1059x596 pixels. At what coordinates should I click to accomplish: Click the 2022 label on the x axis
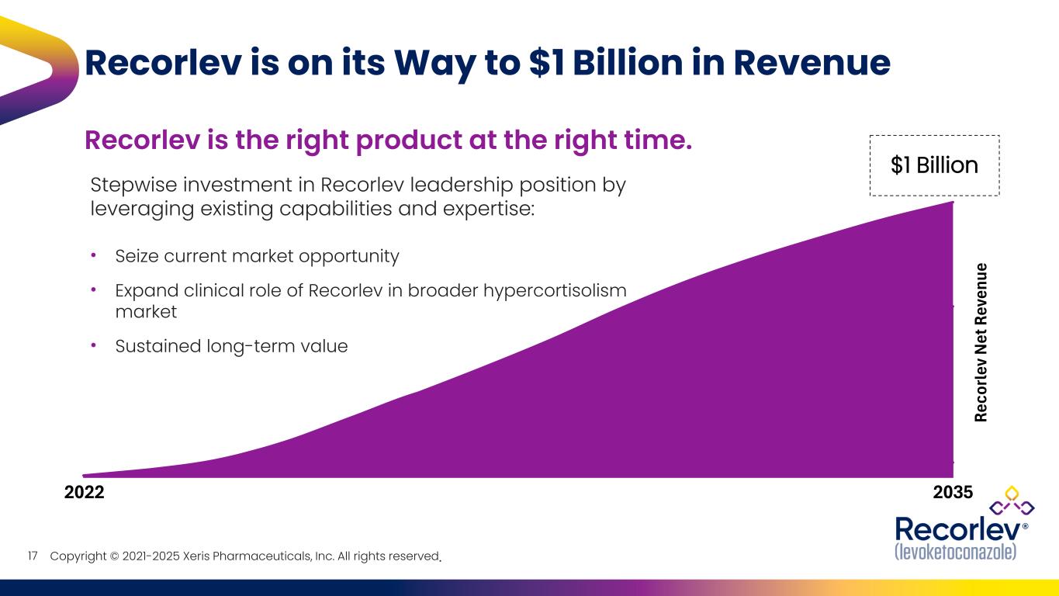pyautogui.click(x=83, y=492)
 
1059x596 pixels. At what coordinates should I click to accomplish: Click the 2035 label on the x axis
pyautogui.click(x=953, y=492)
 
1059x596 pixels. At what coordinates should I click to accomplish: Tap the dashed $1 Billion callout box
pyautogui.click(x=934, y=165)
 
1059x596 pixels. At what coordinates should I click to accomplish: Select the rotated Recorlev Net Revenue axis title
pyautogui.click(x=981, y=342)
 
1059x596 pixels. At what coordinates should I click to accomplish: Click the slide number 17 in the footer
pyautogui.click(x=33, y=556)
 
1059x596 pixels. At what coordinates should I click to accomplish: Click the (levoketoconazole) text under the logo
pyautogui.click(x=955, y=552)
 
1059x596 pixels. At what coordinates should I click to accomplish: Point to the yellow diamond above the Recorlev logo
pyautogui.click(x=1011, y=492)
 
